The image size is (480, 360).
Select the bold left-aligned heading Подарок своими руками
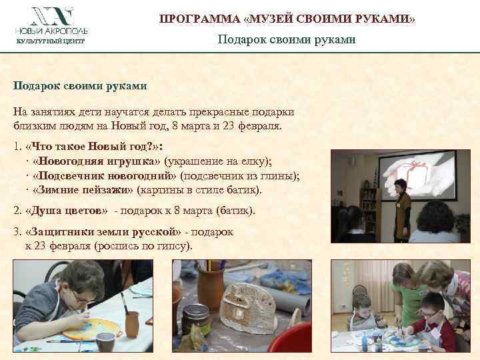click(x=80, y=85)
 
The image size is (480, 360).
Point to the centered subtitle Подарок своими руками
click(x=287, y=40)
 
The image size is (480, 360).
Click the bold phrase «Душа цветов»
click(x=65, y=211)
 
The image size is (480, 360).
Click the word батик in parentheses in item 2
click(x=235, y=211)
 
